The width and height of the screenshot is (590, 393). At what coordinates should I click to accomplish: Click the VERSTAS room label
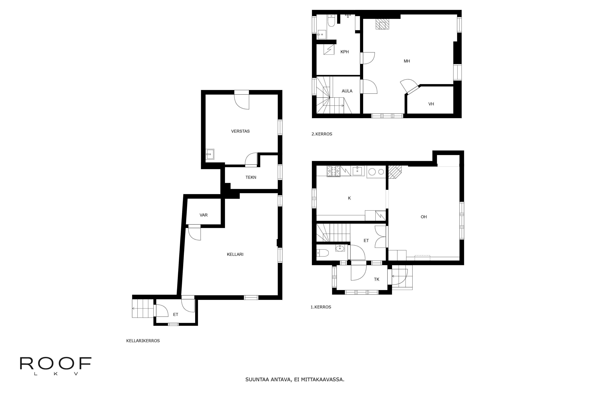click(x=240, y=131)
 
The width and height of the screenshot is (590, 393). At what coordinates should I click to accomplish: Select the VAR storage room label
click(x=203, y=215)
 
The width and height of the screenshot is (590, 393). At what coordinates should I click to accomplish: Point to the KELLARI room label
click(x=235, y=254)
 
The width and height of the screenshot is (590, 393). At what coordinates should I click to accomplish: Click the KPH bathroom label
click(x=344, y=52)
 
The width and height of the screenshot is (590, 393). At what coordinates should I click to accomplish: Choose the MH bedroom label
click(x=407, y=61)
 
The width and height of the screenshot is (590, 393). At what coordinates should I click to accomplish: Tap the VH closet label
click(x=431, y=104)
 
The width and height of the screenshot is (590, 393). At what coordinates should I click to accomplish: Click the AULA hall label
click(x=347, y=91)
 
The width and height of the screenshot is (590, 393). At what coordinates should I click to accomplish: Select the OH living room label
click(x=424, y=217)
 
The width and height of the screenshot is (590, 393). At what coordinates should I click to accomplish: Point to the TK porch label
click(x=377, y=279)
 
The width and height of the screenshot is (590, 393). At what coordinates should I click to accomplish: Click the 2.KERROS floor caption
click(x=322, y=134)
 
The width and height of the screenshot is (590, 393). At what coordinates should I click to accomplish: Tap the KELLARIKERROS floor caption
click(x=143, y=341)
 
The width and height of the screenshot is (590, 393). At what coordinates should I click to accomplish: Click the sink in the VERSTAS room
click(x=210, y=154)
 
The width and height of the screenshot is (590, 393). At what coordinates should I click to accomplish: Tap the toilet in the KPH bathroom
click(x=331, y=20)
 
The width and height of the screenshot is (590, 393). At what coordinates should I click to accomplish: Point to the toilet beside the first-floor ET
click(x=322, y=253)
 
